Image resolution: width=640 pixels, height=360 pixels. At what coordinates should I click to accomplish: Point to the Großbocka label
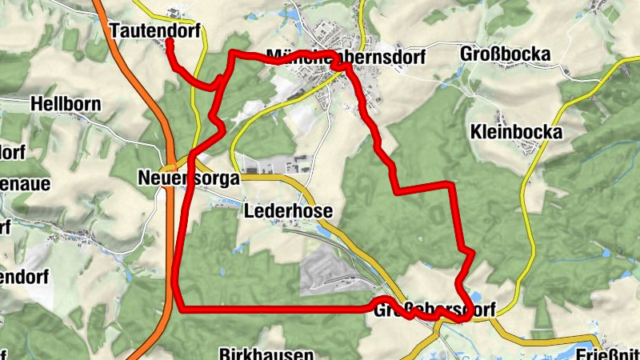pos(506,54)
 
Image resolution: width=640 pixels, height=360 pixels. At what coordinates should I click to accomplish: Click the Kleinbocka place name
pos(517,132)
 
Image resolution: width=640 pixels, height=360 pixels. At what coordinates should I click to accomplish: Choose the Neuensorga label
pos(188,178)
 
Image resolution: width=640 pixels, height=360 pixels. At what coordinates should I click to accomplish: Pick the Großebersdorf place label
pos(434,309)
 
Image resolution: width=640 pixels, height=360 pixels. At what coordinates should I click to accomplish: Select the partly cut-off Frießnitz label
pos(608,353)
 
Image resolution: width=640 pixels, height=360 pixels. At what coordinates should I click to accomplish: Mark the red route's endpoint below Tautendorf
pos(170,42)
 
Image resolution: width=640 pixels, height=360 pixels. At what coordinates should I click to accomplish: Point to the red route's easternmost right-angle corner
pos(453,186)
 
